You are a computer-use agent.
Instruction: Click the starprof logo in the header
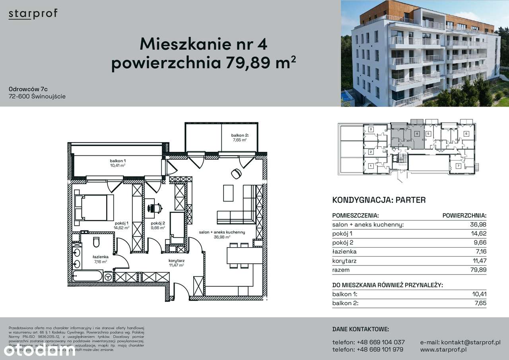[x=33, y=14]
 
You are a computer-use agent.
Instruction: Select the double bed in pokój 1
[x=95, y=207]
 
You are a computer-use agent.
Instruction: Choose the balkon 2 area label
[x=239, y=137]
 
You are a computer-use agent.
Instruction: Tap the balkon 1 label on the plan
[x=118, y=163]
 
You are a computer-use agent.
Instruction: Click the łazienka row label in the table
[x=344, y=252]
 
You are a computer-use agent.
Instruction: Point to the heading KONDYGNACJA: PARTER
[x=379, y=200]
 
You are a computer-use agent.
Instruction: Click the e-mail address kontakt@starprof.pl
[x=460, y=342]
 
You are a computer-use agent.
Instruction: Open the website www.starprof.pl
[x=443, y=350]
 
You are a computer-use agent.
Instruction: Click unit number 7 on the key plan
[x=458, y=166]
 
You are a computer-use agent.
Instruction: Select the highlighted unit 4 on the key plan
[x=416, y=134]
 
